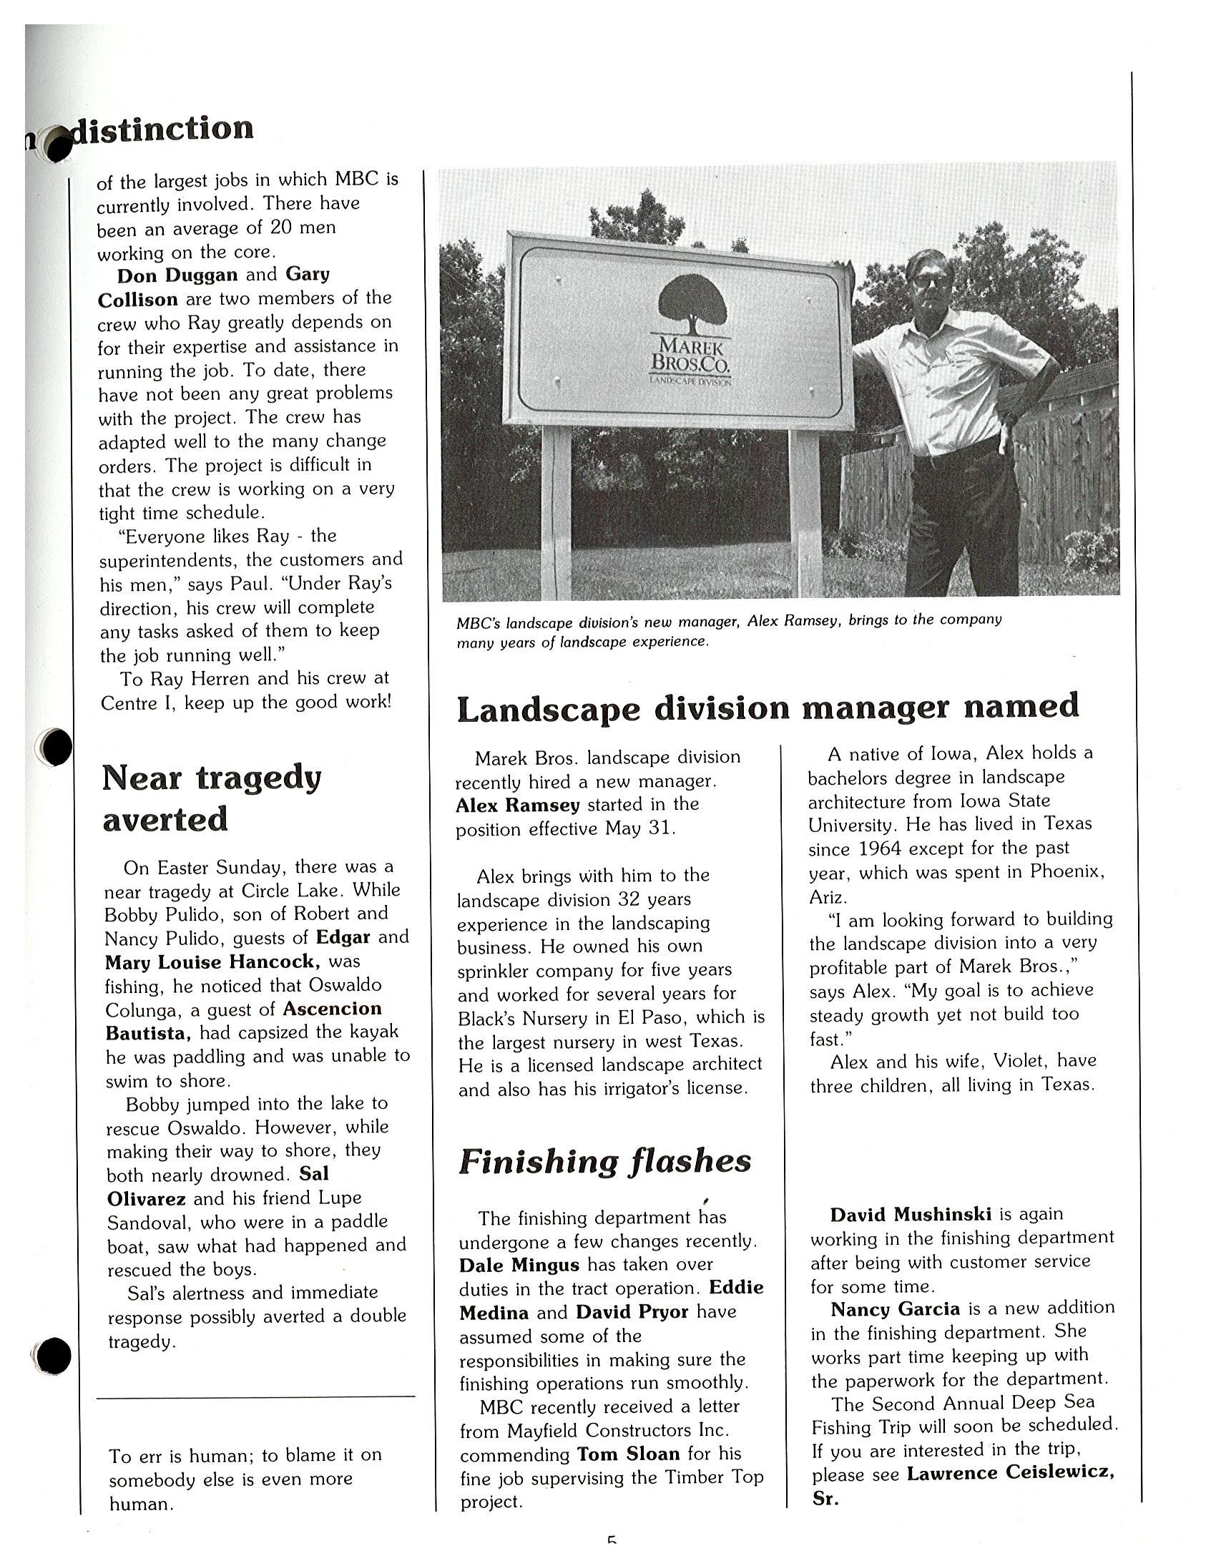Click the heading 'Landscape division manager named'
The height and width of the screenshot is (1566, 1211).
point(768,708)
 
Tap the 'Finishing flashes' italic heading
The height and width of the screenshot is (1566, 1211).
point(604,1162)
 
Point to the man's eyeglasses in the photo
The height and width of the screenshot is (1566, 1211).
point(928,280)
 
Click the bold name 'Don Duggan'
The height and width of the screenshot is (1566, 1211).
point(177,275)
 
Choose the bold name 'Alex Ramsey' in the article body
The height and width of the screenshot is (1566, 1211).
point(517,806)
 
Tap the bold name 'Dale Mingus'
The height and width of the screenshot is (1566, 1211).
point(520,1264)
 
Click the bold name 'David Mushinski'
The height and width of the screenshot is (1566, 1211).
point(911,1214)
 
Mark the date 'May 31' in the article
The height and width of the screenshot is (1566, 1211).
point(639,829)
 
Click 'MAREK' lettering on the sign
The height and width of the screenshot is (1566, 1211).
point(691,347)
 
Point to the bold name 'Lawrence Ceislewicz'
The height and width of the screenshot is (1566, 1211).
point(1009,1474)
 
